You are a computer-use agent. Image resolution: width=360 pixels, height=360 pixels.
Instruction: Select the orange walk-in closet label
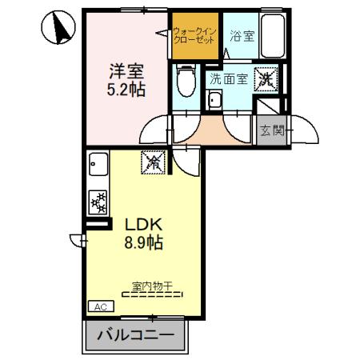click(194, 35)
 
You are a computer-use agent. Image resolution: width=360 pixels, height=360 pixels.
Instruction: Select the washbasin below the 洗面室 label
click(214, 102)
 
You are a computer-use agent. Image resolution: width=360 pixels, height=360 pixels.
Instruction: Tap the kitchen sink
click(98, 169)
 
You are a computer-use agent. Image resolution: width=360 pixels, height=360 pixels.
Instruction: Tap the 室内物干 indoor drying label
click(152, 284)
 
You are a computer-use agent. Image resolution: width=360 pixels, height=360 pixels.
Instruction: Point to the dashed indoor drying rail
click(152, 294)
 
